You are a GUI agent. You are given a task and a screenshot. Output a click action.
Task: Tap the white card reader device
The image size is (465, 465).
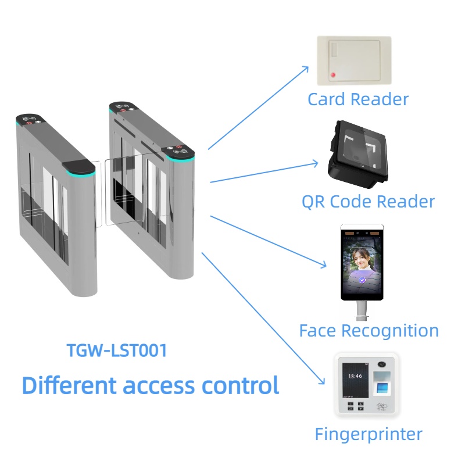[353, 61]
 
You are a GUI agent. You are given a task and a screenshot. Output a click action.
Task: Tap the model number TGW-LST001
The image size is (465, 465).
[117, 350]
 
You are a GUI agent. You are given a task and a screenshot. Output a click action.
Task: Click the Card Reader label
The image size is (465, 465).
[357, 99]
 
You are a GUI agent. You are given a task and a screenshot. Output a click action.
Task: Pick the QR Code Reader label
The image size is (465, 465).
[368, 202]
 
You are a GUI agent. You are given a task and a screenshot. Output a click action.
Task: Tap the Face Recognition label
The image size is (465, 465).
[369, 331]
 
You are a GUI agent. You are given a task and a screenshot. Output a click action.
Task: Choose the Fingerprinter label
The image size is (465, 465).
[369, 434]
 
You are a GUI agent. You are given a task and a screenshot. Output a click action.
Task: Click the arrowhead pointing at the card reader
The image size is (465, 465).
[307, 69]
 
